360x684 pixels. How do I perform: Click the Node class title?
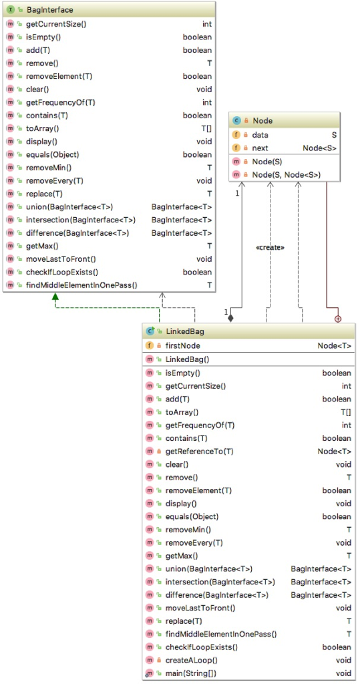[x=262, y=121]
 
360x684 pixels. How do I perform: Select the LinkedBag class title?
[x=184, y=331]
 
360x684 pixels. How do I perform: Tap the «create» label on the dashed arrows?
[x=270, y=247]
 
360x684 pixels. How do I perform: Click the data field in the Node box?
[x=260, y=135]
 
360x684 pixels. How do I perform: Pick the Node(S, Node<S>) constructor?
[x=286, y=175]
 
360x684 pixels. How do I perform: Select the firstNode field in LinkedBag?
[x=182, y=345]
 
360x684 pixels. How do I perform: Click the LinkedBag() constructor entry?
[x=185, y=359]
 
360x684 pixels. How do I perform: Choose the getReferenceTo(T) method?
[x=199, y=452]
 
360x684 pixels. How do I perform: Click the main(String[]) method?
[x=190, y=673]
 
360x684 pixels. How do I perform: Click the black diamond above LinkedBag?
[x=230, y=318]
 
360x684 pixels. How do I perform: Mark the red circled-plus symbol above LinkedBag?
[x=337, y=319]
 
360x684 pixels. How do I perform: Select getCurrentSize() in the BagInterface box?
[x=55, y=24]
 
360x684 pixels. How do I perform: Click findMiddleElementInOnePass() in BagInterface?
[x=81, y=285]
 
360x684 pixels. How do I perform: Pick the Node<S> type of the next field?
[x=320, y=148]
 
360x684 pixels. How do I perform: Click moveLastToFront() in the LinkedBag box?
[x=200, y=608]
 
